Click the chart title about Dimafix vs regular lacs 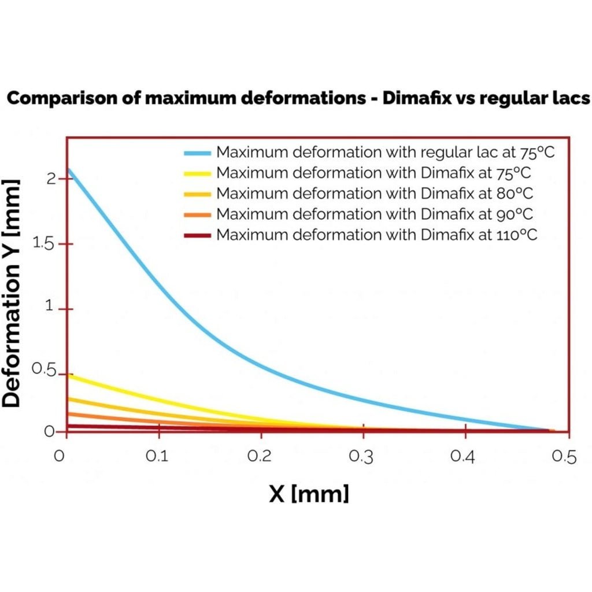[x=298, y=98]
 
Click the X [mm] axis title [x=309, y=494]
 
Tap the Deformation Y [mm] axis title [x=12, y=293]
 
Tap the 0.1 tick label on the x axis [x=157, y=457]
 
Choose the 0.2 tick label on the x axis [x=260, y=457]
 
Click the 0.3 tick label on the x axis [x=362, y=457]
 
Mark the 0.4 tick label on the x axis [x=464, y=457]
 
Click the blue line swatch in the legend [x=197, y=153]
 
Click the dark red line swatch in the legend [x=197, y=235]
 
